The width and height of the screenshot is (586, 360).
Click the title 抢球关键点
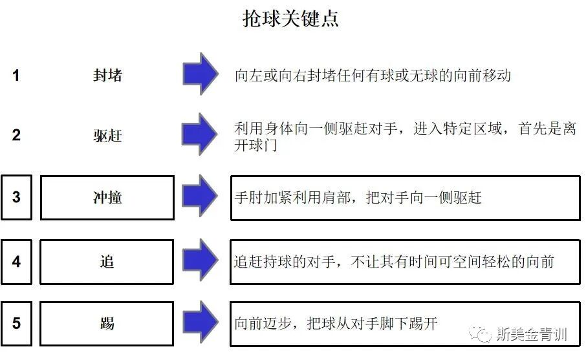290,19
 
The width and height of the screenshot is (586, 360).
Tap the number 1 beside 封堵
16,76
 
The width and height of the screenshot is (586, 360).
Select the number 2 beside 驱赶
16,135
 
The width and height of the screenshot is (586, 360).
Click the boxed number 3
16,197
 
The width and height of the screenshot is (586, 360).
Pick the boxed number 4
16,262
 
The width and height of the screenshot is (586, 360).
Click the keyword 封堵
107,76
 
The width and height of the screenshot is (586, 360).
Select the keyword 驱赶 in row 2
107,136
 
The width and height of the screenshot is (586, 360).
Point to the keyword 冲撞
107,198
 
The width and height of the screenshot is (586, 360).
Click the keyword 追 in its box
107,262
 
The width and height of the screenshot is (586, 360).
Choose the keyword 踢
107,323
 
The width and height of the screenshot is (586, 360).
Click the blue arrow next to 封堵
200,73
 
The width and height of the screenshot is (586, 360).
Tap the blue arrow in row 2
200,134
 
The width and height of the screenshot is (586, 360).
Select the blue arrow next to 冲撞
200,195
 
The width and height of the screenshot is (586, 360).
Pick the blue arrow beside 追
200,260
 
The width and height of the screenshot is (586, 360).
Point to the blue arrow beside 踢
200,321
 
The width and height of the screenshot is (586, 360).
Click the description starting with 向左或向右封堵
373,76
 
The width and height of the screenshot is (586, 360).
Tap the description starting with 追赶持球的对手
393,262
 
